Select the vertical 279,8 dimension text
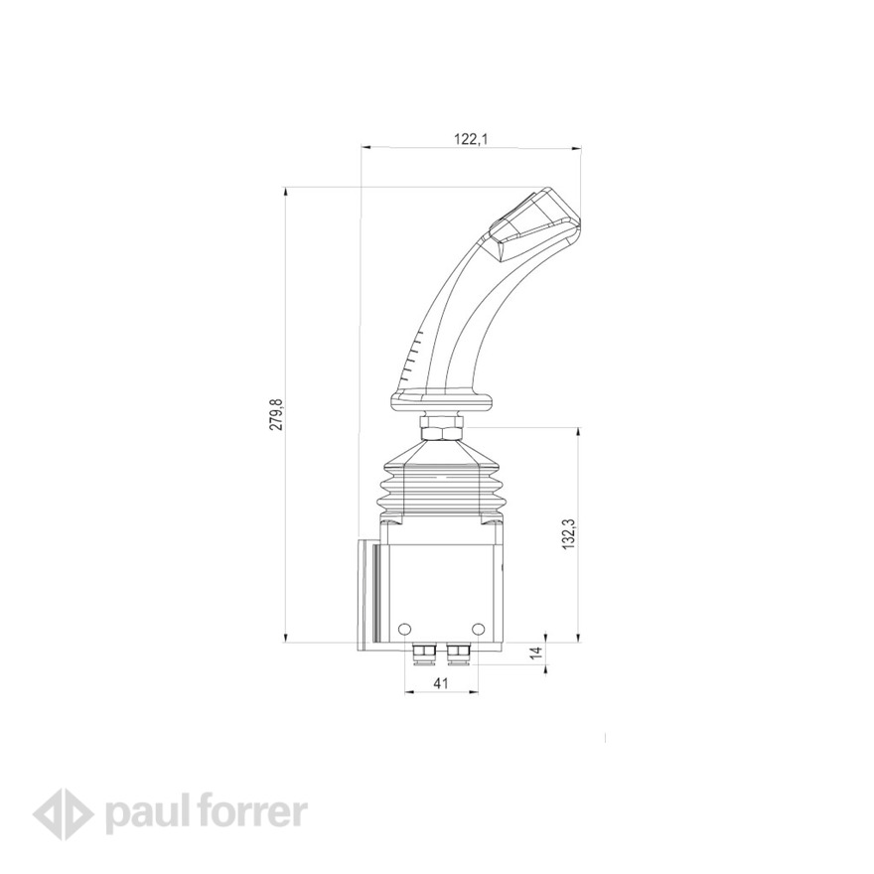[x=277, y=414]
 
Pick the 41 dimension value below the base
[x=442, y=684]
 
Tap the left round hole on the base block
[x=403, y=628]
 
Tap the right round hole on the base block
[x=479, y=628]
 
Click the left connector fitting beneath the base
[x=421, y=652]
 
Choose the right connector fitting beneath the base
[x=460, y=652]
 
